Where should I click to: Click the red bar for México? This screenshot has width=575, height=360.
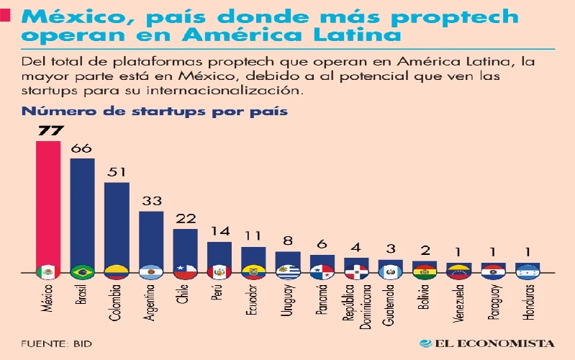(x=48, y=202)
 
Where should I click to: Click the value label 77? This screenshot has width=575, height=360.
(x=48, y=131)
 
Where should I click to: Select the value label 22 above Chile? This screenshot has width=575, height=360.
(x=186, y=219)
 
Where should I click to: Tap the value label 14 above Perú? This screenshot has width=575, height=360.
(x=219, y=232)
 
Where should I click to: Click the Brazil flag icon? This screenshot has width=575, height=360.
(x=83, y=272)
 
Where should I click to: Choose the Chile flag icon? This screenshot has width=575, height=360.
(x=186, y=272)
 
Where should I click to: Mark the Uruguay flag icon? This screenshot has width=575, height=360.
(x=289, y=272)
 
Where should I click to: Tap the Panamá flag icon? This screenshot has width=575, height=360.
(x=322, y=272)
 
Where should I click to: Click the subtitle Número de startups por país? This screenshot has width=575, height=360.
(x=155, y=112)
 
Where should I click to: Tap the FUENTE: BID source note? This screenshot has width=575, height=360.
(x=52, y=343)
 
